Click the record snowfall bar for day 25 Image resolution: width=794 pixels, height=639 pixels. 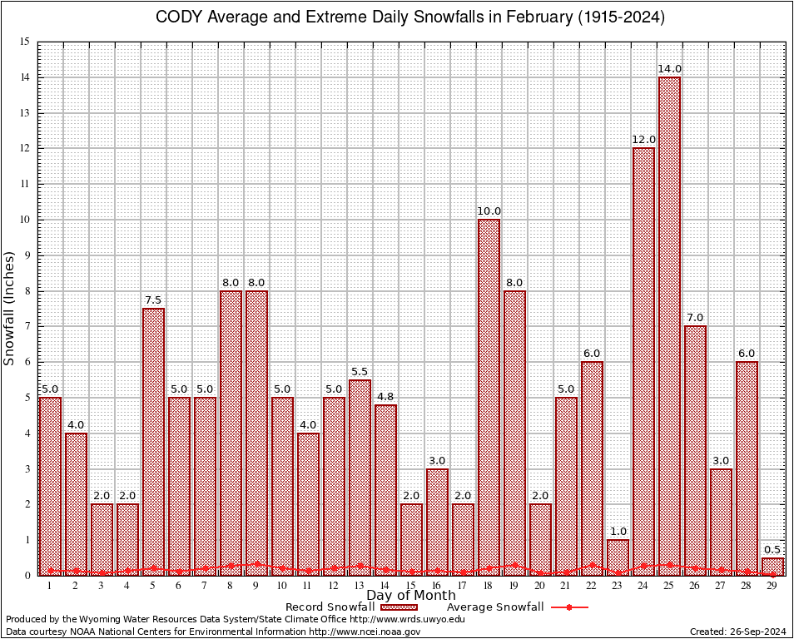[669, 324]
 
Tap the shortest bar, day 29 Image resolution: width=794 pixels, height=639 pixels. [772, 567]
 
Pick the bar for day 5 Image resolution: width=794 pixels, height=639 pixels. [153, 441]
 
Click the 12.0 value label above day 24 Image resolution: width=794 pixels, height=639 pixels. [643, 140]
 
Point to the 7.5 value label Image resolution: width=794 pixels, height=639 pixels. [153, 300]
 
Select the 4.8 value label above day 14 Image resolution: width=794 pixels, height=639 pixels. [385, 396]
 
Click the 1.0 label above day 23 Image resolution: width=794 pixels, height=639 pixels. [618, 532]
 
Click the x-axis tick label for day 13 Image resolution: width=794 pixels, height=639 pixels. [360, 586]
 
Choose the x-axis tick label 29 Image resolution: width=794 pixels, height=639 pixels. [772, 586]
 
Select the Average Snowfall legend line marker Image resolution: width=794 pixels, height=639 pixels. [569, 607]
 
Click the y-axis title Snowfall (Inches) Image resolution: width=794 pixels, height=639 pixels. [10, 308]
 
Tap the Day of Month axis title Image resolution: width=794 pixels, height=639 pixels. [410, 596]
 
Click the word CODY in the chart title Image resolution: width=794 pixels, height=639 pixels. [177, 17]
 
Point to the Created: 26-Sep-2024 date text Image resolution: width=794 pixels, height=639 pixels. [738, 632]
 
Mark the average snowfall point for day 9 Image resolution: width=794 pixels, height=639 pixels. [256, 563]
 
